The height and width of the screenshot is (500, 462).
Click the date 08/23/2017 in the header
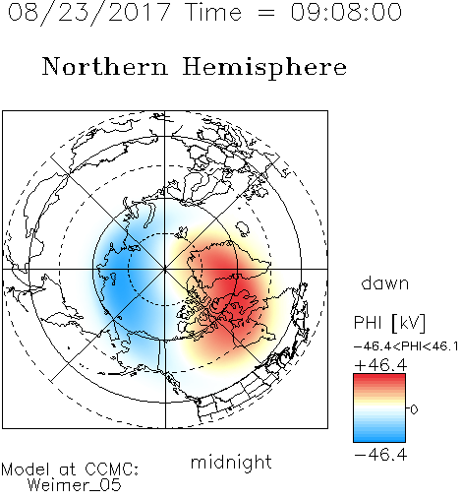coord(89,12)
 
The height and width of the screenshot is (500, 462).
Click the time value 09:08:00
coord(346,12)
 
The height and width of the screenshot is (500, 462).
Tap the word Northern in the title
coord(105,66)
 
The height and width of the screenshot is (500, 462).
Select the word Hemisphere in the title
coord(264,67)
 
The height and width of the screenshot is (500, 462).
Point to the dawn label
coord(385,283)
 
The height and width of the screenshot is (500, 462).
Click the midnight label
coord(231,463)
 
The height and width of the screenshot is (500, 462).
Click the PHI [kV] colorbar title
coord(390,323)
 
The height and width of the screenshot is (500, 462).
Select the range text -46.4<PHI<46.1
coord(406,346)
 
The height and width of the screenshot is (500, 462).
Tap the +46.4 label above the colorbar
coord(380,365)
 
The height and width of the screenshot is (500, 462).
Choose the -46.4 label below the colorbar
coord(380,455)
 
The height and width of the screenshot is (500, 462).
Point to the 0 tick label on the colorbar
coord(414,409)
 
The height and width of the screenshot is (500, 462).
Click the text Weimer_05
coord(75,485)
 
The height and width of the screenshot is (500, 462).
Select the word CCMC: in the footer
coord(112,469)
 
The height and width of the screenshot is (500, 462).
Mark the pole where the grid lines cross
coord(165,269)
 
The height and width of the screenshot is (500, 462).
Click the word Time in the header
coord(213,12)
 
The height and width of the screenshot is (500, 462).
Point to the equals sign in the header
coord(266,13)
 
